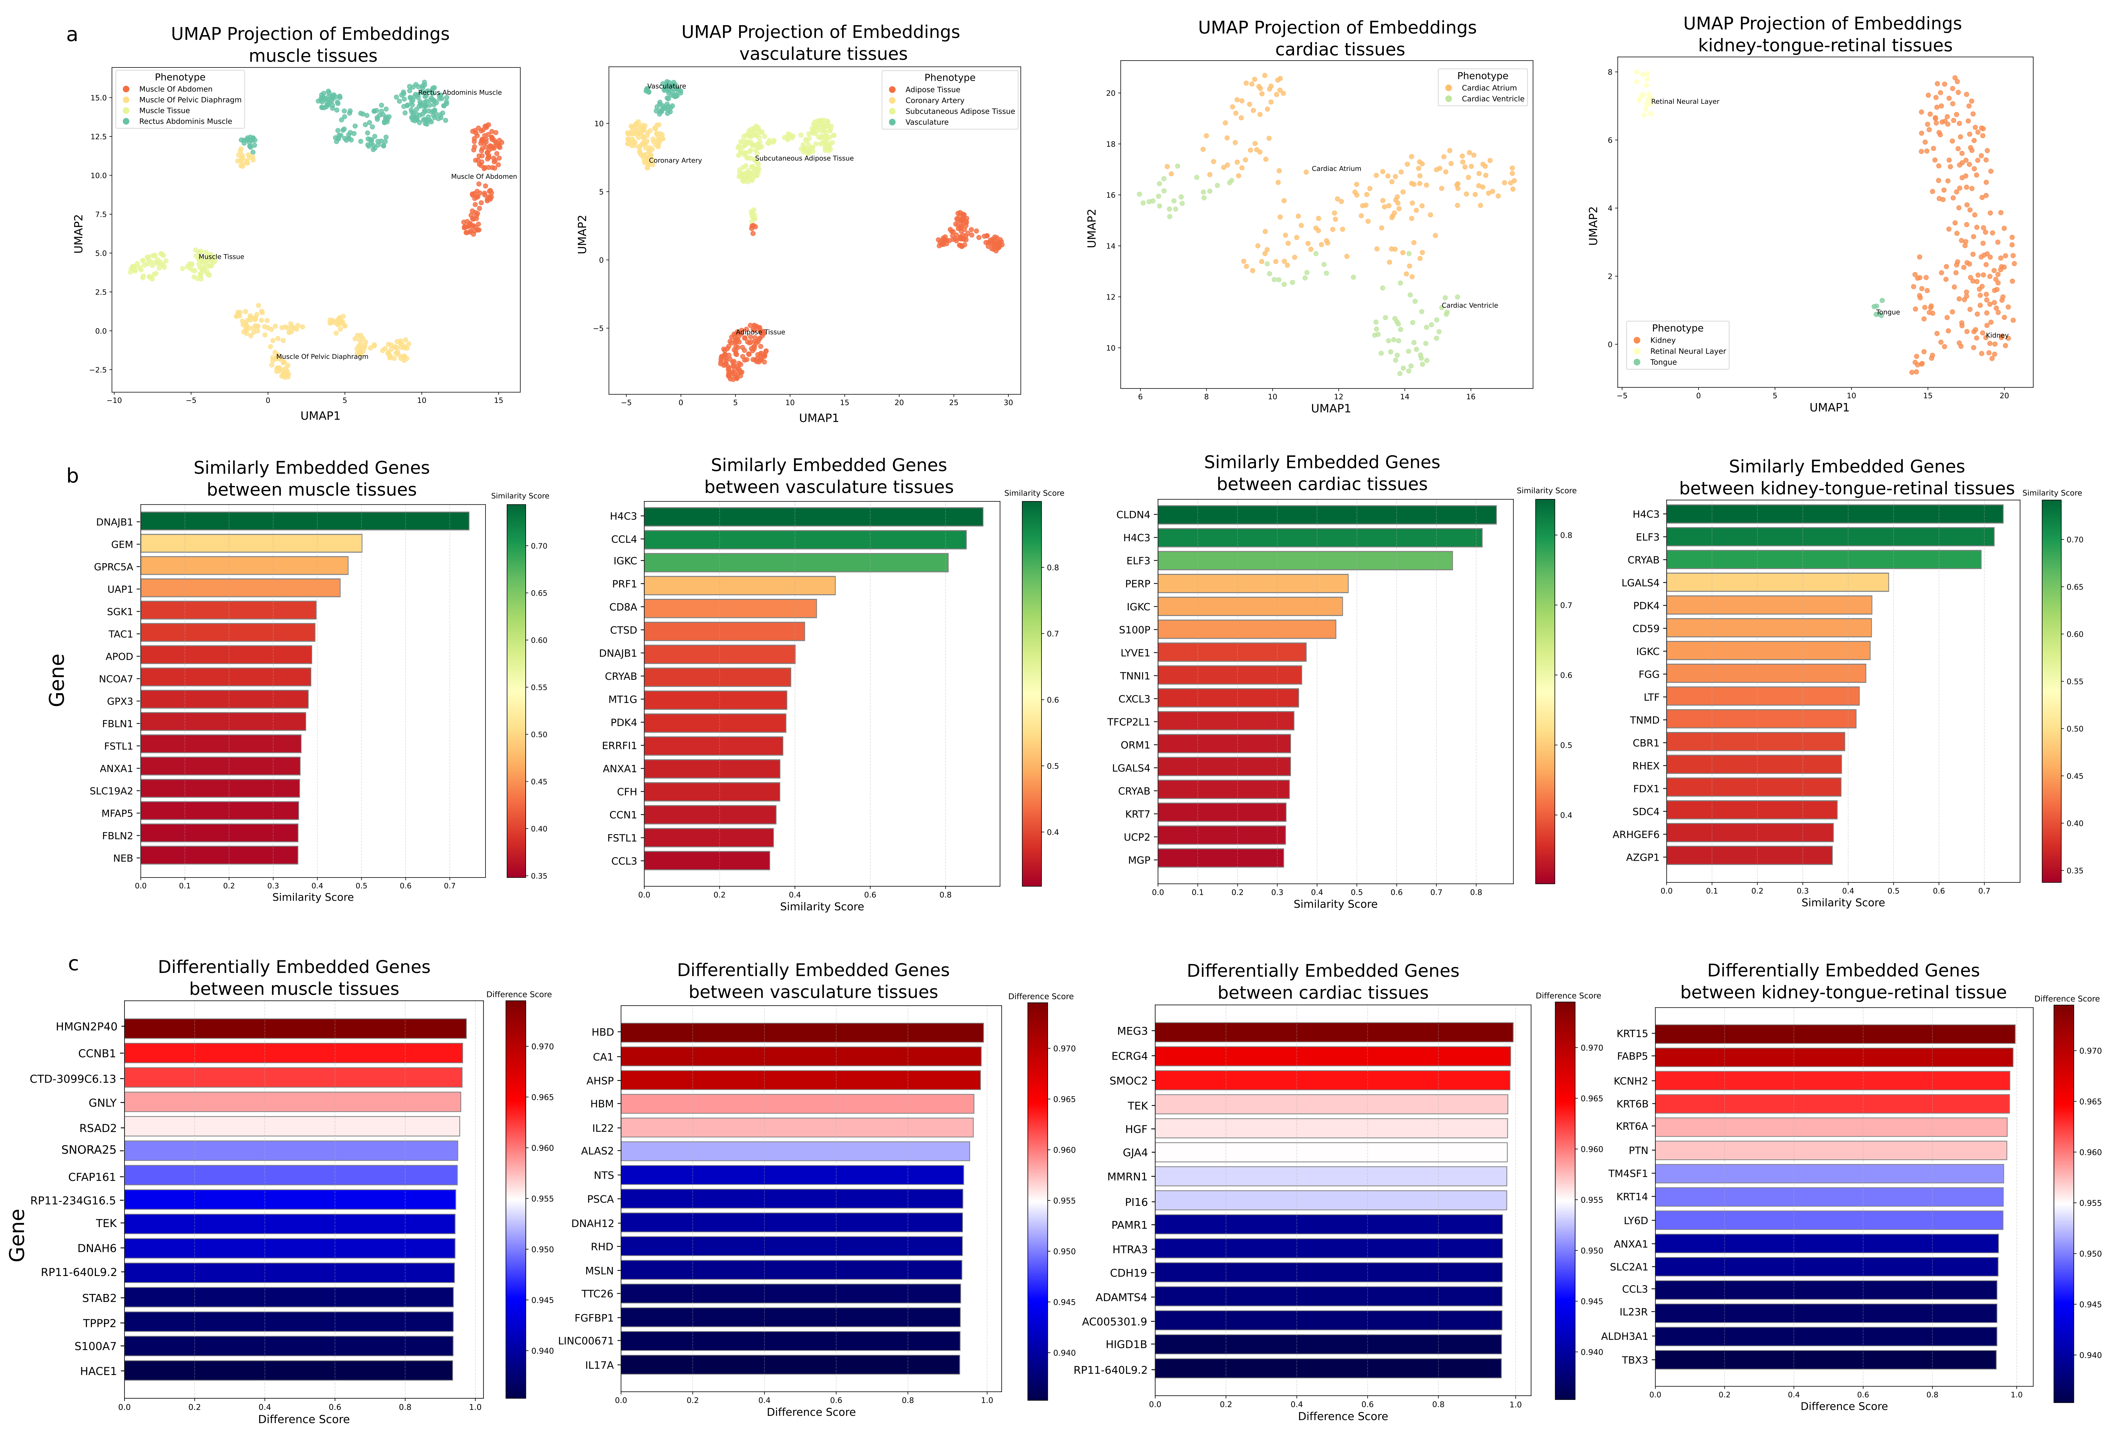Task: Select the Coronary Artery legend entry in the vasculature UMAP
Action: (934, 100)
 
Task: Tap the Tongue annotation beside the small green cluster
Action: (1887, 312)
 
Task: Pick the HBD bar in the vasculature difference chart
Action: (801, 1031)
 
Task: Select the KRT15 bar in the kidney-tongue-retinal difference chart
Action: (1834, 1033)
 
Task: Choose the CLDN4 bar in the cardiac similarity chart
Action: (1326, 514)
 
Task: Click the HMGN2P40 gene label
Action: (86, 1026)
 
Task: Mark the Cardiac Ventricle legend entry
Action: (1492, 98)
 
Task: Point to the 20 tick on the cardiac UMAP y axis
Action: (1110, 93)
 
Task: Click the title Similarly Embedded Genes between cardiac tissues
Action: (1321, 473)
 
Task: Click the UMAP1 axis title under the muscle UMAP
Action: (320, 415)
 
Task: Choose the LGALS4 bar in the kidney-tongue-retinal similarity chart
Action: (1777, 582)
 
